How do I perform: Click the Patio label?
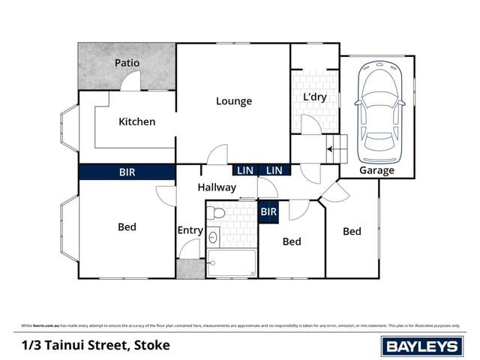click(x=127, y=63)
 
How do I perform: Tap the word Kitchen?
click(x=137, y=121)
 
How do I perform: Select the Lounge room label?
click(x=234, y=101)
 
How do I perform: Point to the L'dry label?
click(x=316, y=98)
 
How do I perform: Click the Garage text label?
click(x=376, y=170)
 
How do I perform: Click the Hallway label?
click(x=217, y=187)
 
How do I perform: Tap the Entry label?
click(x=190, y=230)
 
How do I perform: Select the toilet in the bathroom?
click(x=218, y=213)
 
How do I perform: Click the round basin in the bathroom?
click(x=213, y=238)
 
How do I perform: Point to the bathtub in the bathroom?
click(x=232, y=263)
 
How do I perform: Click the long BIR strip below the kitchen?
click(x=127, y=172)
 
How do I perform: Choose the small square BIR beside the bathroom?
click(x=268, y=213)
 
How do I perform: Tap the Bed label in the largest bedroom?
click(x=127, y=226)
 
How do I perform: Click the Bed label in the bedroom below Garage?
click(x=352, y=231)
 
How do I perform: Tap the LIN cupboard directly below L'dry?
click(x=274, y=171)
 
